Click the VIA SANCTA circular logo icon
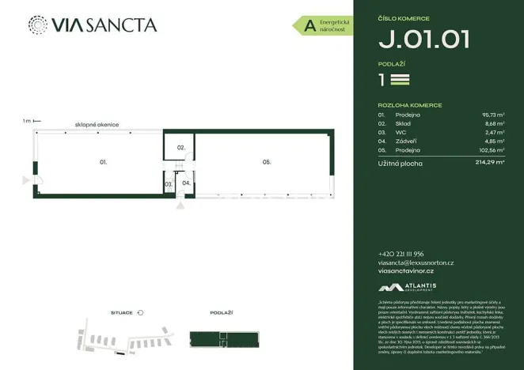pos(36,25)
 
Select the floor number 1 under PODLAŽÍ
pos(382,79)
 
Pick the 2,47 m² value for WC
pos(495,133)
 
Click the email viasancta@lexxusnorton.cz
pos(416,262)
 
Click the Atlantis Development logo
pos(408,288)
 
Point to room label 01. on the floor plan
pos(103,161)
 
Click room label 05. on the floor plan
pos(268,161)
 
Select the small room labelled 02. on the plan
pos(180,148)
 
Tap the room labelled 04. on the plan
pos(186,183)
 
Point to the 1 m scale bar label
pos(27,121)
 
